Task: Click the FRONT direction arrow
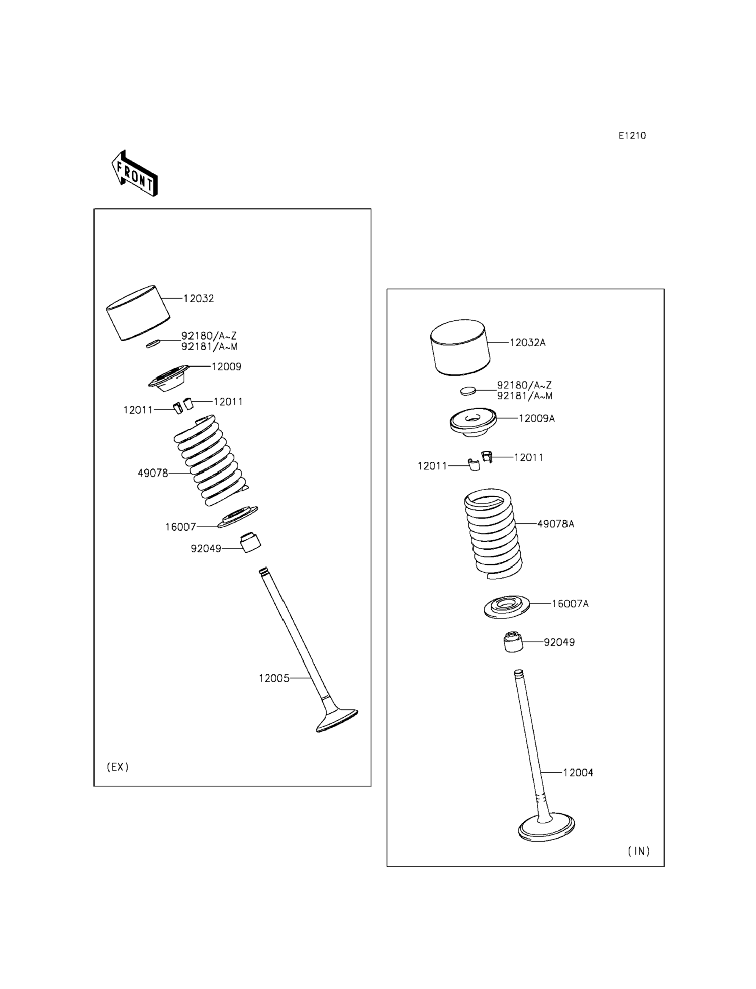coord(134,174)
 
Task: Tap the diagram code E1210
coord(632,135)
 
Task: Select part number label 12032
coord(198,299)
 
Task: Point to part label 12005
coord(274,678)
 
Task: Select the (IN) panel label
coord(639,851)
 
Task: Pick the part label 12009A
coord(536,418)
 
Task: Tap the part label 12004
coord(578,773)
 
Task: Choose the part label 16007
coord(180,527)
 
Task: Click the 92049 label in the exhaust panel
coord(206,549)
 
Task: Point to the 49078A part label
coord(556,524)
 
